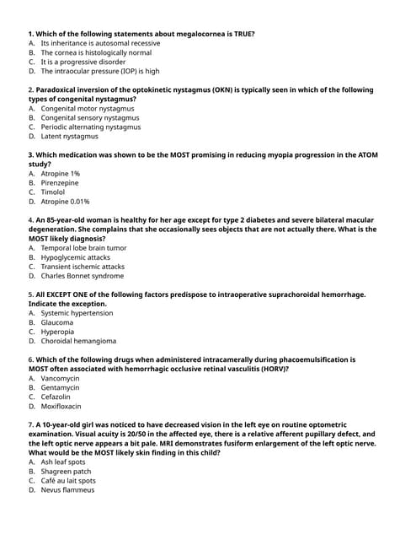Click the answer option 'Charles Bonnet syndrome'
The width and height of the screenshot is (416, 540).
[x=82, y=276]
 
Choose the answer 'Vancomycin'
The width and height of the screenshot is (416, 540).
[x=60, y=378]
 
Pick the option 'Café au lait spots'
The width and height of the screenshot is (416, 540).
[x=68, y=481]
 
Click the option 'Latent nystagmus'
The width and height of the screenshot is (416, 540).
[x=69, y=136]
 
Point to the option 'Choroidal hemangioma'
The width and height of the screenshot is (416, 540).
[x=78, y=341]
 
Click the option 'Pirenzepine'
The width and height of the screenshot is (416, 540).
[x=60, y=183]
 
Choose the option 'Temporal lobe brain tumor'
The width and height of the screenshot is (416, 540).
[x=83, y=248]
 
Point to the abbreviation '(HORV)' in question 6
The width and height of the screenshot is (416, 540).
[x=269, y=369]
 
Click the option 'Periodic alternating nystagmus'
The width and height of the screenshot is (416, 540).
[x=91, y=127]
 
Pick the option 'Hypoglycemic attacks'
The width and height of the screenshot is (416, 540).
[x=76, y=257]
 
